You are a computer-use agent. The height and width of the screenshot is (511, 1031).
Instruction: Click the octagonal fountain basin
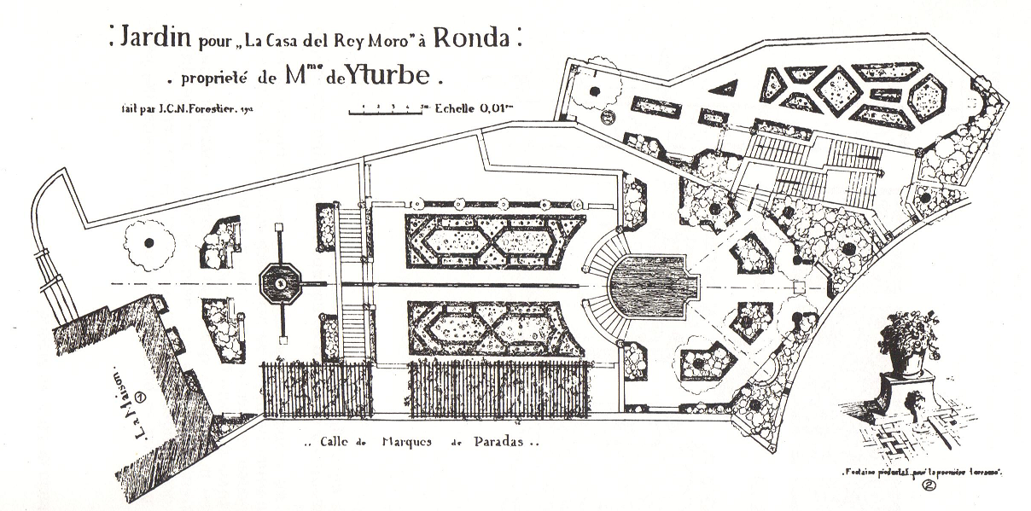[x=280, y=282]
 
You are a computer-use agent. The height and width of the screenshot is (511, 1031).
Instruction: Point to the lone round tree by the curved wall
[x=149, y=241]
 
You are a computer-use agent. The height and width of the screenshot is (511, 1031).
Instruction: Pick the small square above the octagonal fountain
[x=279, y=227]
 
